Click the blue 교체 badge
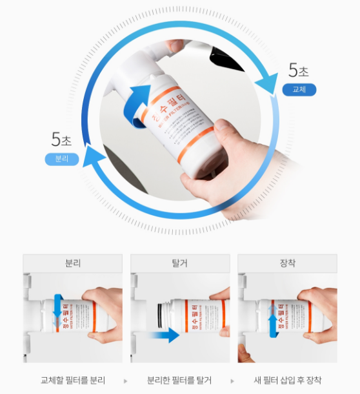tap(299, 90)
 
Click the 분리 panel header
tap(72, 264)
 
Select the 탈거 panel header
tap(180, 264)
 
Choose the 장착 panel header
tap(287, 264)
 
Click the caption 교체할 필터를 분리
tap(72, 380)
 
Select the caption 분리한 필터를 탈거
tap(179, 380)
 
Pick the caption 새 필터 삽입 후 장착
tap(288, 380)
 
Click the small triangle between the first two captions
tap(125, 380)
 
